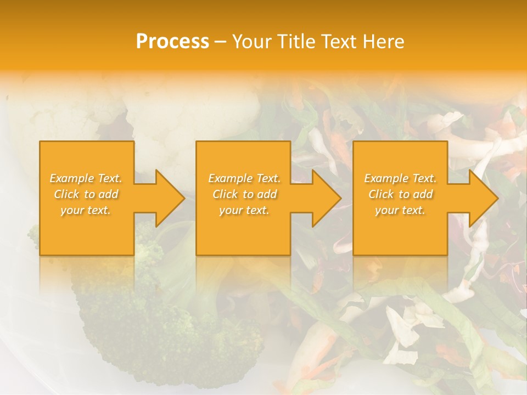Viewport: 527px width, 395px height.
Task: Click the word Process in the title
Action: tap(172, 41)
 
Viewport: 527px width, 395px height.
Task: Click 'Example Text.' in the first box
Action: tap(86, 178)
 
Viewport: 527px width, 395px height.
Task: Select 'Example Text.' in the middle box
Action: tap(244, 178)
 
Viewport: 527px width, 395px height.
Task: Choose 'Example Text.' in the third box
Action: tap(400, 178)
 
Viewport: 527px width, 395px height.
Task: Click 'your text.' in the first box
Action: tap(86, 210)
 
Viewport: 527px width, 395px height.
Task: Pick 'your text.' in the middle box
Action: tap(244, 210)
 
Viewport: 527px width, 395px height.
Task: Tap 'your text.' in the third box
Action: tap(400, 210)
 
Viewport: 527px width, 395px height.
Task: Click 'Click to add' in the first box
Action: tap(86, 194)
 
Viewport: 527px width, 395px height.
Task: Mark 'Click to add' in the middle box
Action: tap(244, 194)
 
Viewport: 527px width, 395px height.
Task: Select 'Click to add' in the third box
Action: tap(400, 194)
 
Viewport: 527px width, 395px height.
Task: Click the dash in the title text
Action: tap(220, 42)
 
